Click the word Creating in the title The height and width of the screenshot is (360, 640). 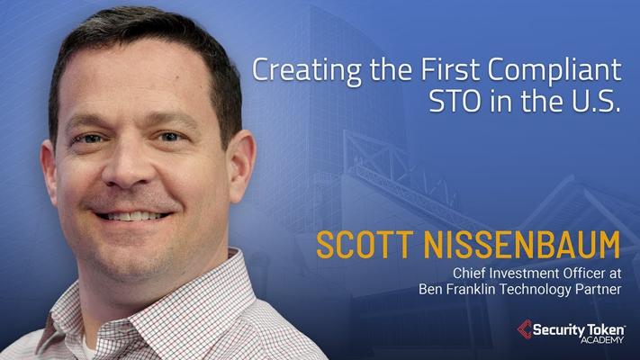[307, 70]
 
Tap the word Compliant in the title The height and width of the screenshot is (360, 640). [554, 70]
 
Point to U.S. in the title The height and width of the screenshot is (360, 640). [596, 102]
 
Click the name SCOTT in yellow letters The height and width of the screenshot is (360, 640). [364, 245]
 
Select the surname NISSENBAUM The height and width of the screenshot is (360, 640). [522, 245]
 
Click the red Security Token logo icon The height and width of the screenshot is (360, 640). [525, 329]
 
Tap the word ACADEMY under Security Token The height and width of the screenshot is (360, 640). [602, 339]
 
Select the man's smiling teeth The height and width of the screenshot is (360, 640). [132, 215]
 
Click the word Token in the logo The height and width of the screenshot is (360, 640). [601, 329]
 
